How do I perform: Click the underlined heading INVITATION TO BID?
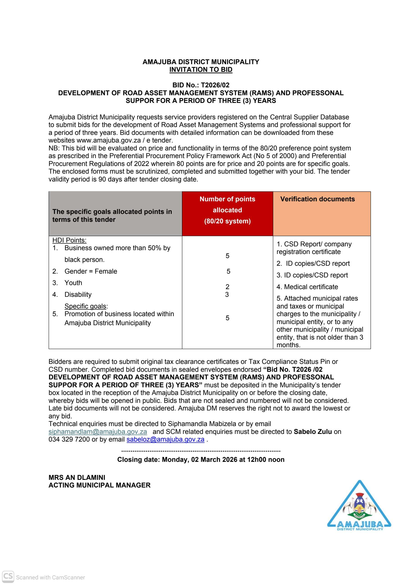click(201, 70)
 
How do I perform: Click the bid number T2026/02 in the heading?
click(215, 85)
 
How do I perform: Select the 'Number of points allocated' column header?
click(227, 210)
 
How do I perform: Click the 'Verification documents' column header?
click(317, 199)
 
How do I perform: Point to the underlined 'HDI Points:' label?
click(69, 240)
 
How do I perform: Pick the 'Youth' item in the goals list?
click(73, 283)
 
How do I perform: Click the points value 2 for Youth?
click(227, 287)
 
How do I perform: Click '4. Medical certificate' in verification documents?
click(307, 287)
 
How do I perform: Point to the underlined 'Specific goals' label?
click(85, 306)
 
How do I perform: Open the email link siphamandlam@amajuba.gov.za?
click(98, 432)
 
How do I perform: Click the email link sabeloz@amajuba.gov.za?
click(166, 440)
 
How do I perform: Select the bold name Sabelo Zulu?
click(313, 432)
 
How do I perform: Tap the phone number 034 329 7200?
click(69, 440)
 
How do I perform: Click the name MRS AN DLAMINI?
click(77, 477)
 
